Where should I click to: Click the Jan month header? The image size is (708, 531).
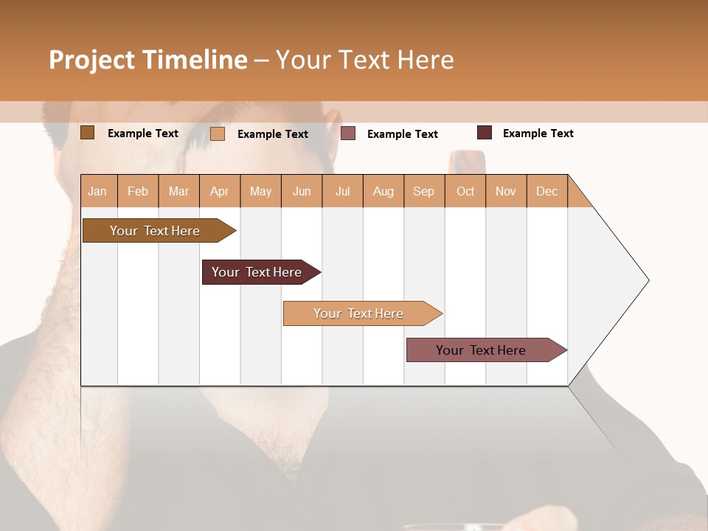coord(97,191)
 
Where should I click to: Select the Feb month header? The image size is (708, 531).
coord(138,191)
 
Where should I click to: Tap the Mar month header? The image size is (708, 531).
coord(178,191)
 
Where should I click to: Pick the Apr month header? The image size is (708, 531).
coord(220,191)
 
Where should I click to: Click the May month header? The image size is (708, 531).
coord(260,191)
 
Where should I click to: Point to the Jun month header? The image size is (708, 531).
coord(302,191)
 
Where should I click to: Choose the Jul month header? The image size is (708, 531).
coord(342,191)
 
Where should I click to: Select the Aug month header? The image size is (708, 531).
coord(383,191)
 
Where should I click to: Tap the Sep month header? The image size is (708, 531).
coord(424,191)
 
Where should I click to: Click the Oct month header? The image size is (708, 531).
coord(465,191)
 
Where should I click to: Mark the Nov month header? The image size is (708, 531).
coord(506,191)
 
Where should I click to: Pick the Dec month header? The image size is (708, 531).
coord(546,191)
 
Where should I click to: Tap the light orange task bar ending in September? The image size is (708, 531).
coord(359,313)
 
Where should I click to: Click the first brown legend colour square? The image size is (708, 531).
coord(88,133)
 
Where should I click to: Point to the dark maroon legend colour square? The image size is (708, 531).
coord(485,133)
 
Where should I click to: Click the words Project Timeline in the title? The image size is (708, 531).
coord(148,60)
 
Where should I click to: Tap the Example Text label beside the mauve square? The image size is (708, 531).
coord(402,134)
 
